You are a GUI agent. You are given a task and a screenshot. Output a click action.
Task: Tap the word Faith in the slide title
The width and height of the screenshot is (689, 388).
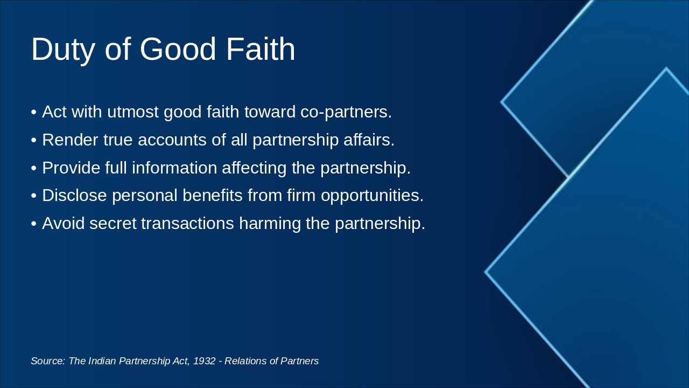click(x=261, y=50)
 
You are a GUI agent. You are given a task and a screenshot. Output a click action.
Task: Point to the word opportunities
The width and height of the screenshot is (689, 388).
click(x=372, y=196)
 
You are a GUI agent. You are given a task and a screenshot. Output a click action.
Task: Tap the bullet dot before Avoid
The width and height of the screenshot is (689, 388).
click(x=34, y=224)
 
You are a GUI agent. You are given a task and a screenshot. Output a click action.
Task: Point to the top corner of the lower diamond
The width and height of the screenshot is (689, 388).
click(x=666, y=69)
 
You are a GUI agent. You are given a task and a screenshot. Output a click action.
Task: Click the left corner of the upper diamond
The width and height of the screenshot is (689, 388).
click(x=502, y=101)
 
